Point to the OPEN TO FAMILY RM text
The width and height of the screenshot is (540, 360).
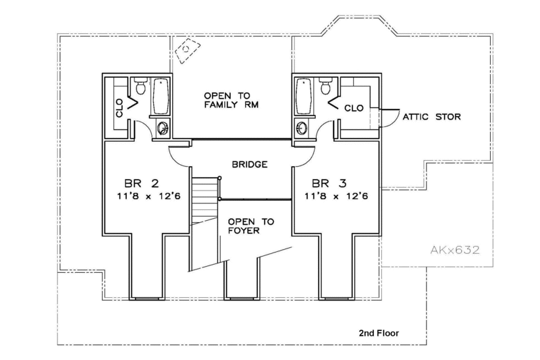[x=230, y=100]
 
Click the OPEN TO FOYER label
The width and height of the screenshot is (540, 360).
[x=244, y=227]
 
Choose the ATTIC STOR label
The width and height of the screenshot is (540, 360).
[x=432, y=117]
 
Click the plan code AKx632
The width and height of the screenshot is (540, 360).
[x=455, y=251]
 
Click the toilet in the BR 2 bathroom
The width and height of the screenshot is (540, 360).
[x=140, y=86]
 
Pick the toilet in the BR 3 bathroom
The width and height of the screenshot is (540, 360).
[x=325, y=86]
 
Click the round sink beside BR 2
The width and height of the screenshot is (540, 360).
[x=163, y=128]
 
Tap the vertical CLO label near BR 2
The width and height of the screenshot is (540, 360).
[x=119, y=108]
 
